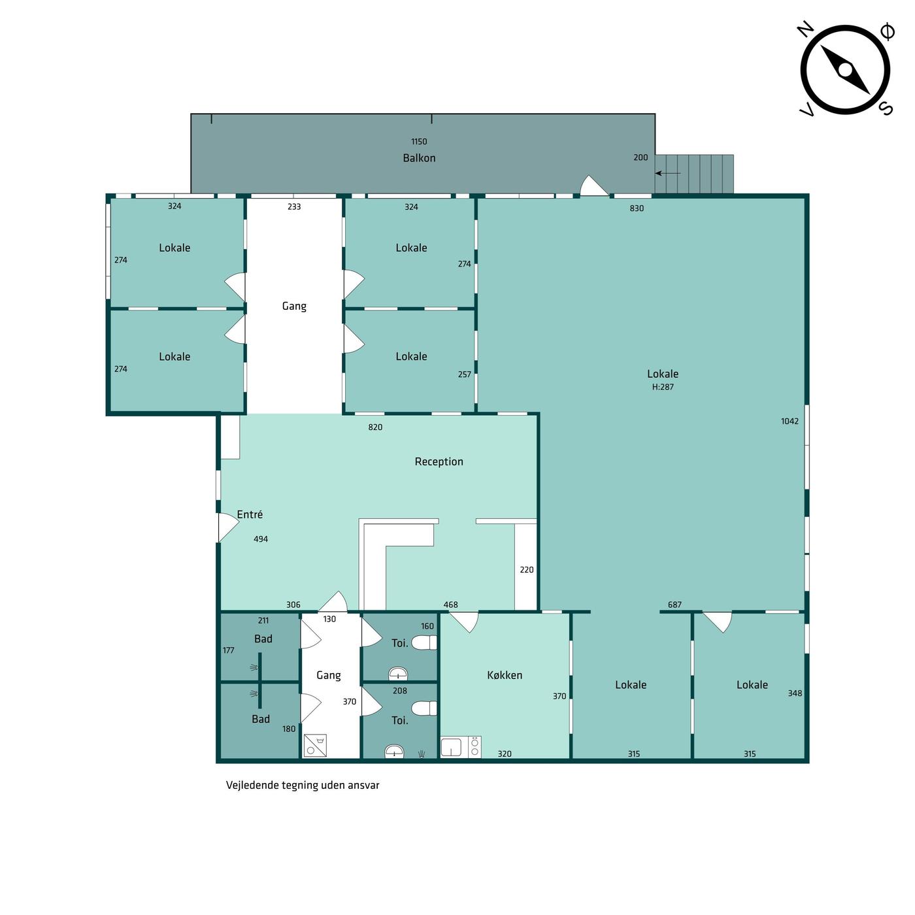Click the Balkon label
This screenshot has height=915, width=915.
[419, 158]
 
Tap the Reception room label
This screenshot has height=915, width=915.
[439, 461]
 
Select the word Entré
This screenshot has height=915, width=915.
[250, 514]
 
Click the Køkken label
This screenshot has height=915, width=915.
[505, 675]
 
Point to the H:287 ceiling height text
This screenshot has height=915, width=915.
[662, 387]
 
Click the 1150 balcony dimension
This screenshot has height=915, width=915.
[419, 142]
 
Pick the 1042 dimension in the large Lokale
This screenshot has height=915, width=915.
[790, 421]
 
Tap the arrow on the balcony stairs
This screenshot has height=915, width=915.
[667, 173]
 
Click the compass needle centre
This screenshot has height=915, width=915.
[845, 71]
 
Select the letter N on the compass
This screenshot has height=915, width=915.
[806, 29]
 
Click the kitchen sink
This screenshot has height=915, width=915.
[450, 747]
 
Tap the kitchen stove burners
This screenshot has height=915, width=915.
[474, 747]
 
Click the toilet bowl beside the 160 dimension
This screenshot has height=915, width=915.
[424, 643]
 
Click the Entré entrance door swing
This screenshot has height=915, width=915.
[228, 527]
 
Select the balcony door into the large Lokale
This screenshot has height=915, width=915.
[594, 186]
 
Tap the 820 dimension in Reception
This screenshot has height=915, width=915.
[375, 427]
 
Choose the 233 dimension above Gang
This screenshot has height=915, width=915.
[294, 207]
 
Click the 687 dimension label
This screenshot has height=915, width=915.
[674, 605]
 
